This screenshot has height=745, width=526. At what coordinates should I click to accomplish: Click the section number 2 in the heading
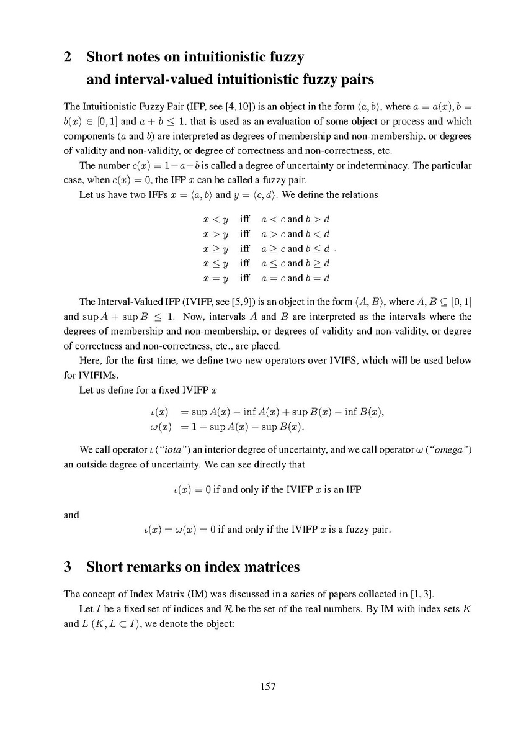69,58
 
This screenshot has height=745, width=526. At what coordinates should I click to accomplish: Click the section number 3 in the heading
69,567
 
